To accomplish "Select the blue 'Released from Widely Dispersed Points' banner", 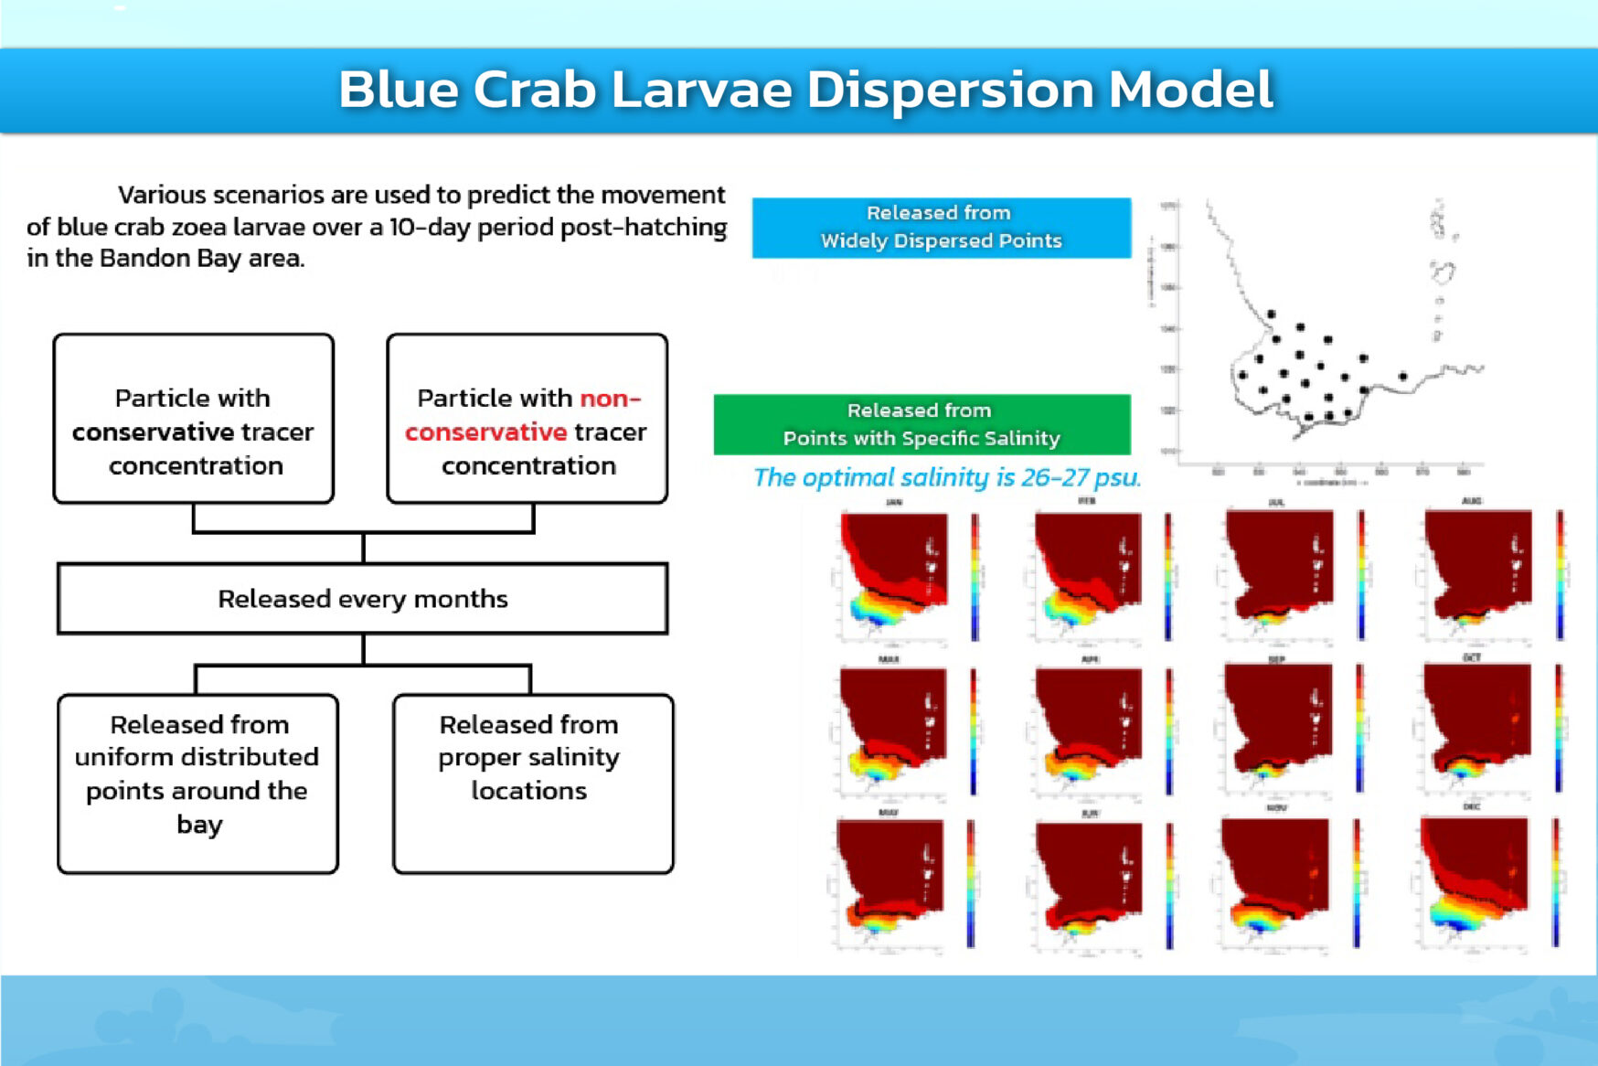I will (x=941, y=228).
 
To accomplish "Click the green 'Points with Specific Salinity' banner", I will (x=922, y=425).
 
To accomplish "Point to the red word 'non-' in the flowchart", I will (x=611, y=399).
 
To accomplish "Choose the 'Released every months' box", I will (x=362, y=599).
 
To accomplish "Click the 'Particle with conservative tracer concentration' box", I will (x=194, y=419).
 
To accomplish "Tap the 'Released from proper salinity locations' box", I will (x=532, y=784).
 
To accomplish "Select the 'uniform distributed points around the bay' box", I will (x=198, y=784).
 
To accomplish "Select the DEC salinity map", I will (x=1473, y=878).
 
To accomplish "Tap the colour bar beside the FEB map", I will (x=1167, y=576).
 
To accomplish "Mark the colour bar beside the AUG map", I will (x=1560, y=574).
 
